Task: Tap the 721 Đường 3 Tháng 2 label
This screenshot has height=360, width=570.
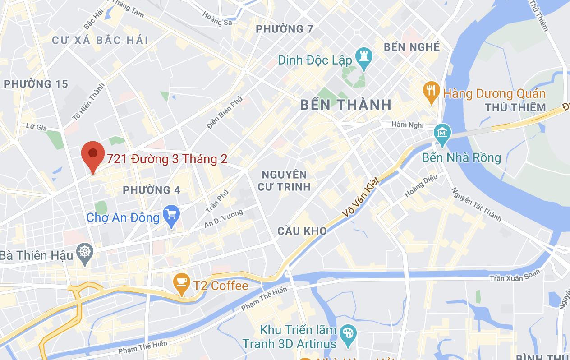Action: pyautogui.click(x=167, y=159)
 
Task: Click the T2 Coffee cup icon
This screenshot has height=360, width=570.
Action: pyautogui.click(x=181, y=283)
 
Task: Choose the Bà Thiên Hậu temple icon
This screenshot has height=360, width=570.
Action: pyautogui.click(x=85, y=253)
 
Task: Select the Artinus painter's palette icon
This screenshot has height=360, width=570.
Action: pyautogui.click(x=348, y=334)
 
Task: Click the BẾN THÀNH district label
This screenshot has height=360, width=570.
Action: pyautogui.click(x=346, y=105)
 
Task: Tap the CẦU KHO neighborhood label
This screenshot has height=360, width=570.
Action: pyautogui.click(x=302, y=231)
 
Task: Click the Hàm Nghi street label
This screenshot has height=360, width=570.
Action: pyautogui.click(x=405, y=125)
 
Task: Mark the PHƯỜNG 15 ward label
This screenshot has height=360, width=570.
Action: pyautogui.click(x=36, y=84)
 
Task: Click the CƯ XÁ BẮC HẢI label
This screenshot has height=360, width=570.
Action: pyautogui.click(x=100, y=41)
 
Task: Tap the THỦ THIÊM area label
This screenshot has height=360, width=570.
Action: pyautogui.click(x=515, y=107)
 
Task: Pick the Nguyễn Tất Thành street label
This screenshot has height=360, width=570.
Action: pyautogui.click(x=476, y=204)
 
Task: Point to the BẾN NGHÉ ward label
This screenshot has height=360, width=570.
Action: pyautogui.click(x=411, y=47)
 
